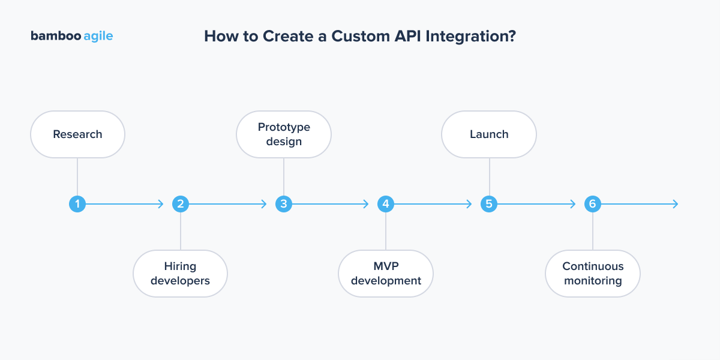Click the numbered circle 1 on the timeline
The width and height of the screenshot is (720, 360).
pyautogui.click(x=77, y=204)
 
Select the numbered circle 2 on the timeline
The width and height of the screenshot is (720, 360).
pyautogui.click(x=181, y=204)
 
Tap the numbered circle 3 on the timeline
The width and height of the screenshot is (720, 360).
pyautogui.click(x=283, y=204)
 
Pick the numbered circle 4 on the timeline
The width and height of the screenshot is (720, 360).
pyautogui.click(x=386, y=204)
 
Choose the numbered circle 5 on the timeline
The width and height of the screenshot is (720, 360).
pyautogui.click(x=489, y=204)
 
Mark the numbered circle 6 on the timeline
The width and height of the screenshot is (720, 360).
pyautogui.click(x=592, y=204)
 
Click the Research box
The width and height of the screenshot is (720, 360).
pyautogui.click(x=77, y=134)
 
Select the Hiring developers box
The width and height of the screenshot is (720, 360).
pyautogui.click(x=180, y=274)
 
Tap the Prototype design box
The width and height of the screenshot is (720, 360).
pyautogui.click(x=284, y=134)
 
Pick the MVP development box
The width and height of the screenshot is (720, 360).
pyautogui.click(x=386, y=274)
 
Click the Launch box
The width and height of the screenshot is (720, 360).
pyautogui.click(x=489, y=134)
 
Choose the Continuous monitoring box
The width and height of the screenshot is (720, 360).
pyautogui.click(x=592, y=274)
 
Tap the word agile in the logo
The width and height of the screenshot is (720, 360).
pyautogui.click(x=98, y=37)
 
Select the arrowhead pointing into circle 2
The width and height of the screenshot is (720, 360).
pyautogui.click(x=160, y=204)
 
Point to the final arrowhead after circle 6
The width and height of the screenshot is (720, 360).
pyautogui.click(x=675, y=204)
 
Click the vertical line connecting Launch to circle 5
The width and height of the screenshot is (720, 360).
pyautogui.click(x=489, y=177)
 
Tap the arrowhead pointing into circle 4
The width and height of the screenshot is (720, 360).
pyautogui.click(x=365, y=204)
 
